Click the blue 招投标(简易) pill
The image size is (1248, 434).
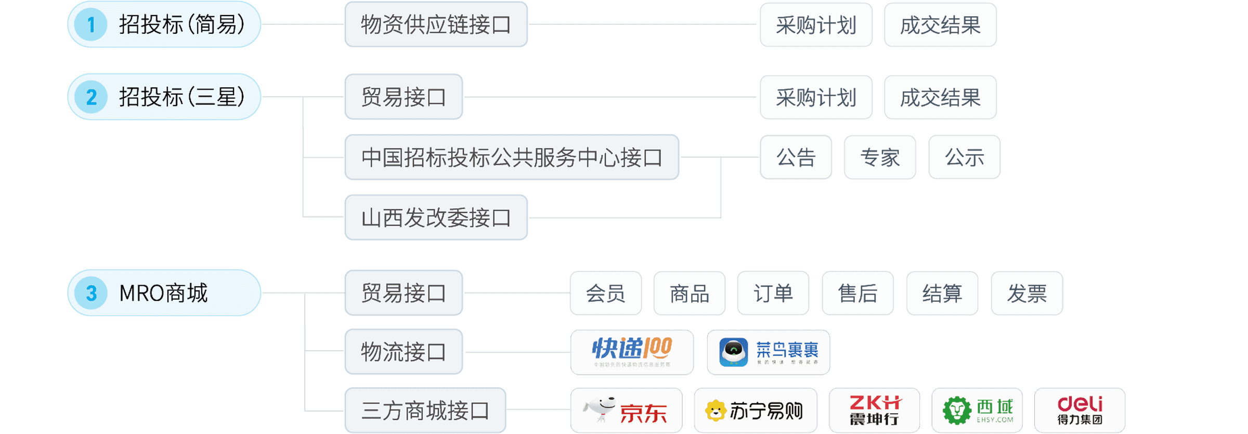click(164, 24)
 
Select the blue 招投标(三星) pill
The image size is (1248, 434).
click(164, 97)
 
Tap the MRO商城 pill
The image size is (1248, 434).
click(164, 293)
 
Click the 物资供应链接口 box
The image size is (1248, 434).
click(436, 24)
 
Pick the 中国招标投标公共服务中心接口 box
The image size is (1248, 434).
click(512, 157)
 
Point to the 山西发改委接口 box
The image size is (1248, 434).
click(436, 218)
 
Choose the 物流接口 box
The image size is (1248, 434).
click(404, 352)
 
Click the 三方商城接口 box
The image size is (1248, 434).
click(425, 410)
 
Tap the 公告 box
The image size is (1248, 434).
click(796, 157)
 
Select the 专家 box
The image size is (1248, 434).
click(880, 157)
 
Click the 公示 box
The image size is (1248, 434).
click(964, 157)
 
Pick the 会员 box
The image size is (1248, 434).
click(605, 293)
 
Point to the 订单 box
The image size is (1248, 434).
click(773, 293)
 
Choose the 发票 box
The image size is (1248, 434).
click(1026, 293)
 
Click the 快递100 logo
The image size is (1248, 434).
click(632, 352)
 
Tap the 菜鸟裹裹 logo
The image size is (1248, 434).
click(768, 352)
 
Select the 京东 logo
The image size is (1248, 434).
click(626, 410)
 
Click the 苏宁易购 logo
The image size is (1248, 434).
click(755, 410)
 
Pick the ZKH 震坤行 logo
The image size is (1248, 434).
click(874, 410)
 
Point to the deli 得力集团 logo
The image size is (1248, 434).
click(1080, 410)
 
